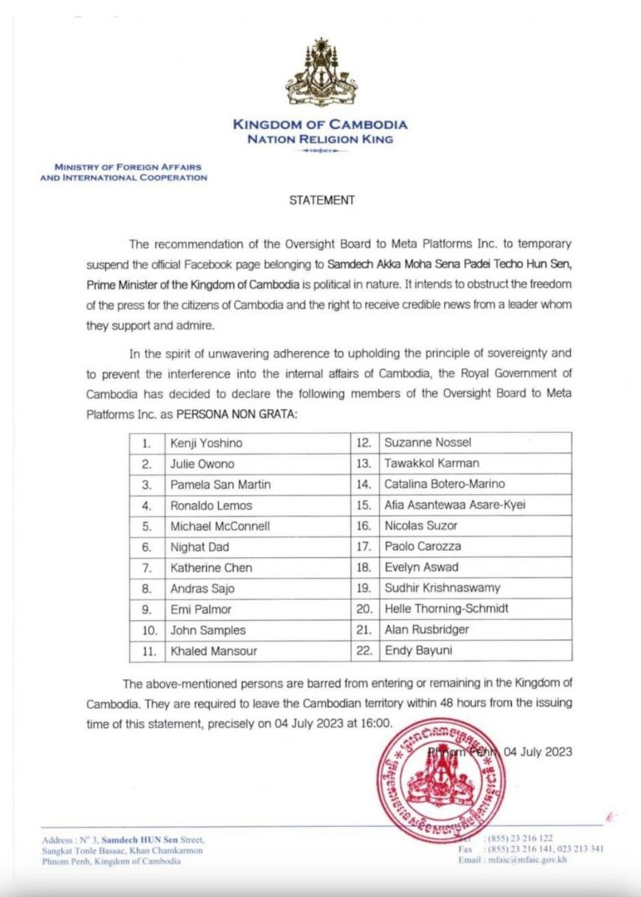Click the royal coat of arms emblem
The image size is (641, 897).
(x=321, y=73)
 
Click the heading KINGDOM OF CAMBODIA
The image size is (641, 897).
(x=320, y=125)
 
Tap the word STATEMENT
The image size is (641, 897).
(x=322, y=200)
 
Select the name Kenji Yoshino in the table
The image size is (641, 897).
(x=207, y=443)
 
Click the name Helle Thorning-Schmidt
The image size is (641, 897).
(x=447, y=608)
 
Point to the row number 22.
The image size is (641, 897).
(x=363, y=650)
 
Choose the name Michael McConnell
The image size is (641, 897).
(x=220, y=526)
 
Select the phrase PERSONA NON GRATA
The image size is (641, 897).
(x=236, y=414)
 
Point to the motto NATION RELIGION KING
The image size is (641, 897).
(x=320, y=139)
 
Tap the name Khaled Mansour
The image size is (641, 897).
(x=214, y=651)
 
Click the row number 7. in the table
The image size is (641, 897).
(x=146, y=568)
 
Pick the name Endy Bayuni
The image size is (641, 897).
(x=418, y=650)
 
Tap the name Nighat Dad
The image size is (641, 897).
(x=200, y=547)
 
